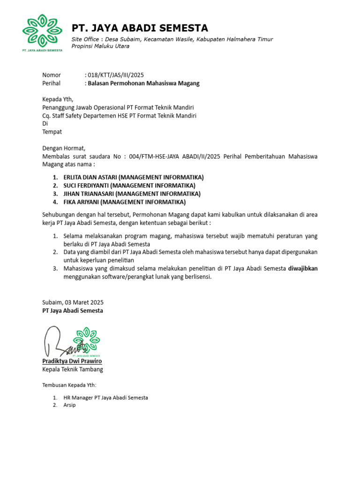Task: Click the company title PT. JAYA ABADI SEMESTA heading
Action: click(140, 28)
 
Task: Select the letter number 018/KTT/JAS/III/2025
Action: click(115, 75)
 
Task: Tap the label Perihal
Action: click(52, 83)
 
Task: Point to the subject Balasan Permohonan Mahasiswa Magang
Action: click(143, 83)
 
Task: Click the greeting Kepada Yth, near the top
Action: click(58, 99)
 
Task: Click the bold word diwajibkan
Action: click(302, 269)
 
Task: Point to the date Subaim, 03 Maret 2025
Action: click(73, 302)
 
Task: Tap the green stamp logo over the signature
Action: click(87, 341)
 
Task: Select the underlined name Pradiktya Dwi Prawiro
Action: click(72, 361)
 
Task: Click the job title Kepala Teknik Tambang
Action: click(73, 369)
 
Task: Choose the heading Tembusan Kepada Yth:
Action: click(69, 385)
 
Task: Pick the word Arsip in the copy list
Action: click(69, 405)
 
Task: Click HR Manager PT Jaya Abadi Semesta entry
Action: click(105, 397)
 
